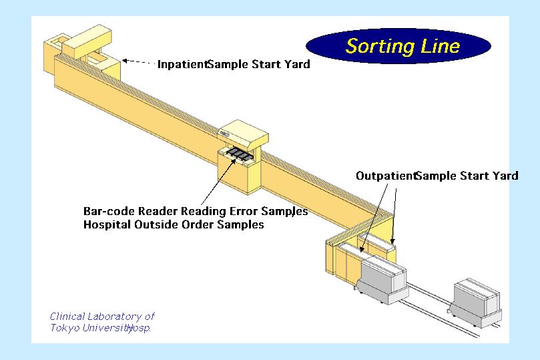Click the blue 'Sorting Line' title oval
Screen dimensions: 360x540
pos(398,46)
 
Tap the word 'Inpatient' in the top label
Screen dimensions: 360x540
pos(182,65)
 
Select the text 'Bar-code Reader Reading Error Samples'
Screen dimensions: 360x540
pos(196,211)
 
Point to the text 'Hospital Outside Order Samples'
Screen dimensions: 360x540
pos(174,224)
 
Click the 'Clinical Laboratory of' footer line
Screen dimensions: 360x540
pos(102,317)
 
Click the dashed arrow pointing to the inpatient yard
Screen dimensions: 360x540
pos(138,62)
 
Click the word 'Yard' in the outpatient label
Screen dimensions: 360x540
pos(505,176)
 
